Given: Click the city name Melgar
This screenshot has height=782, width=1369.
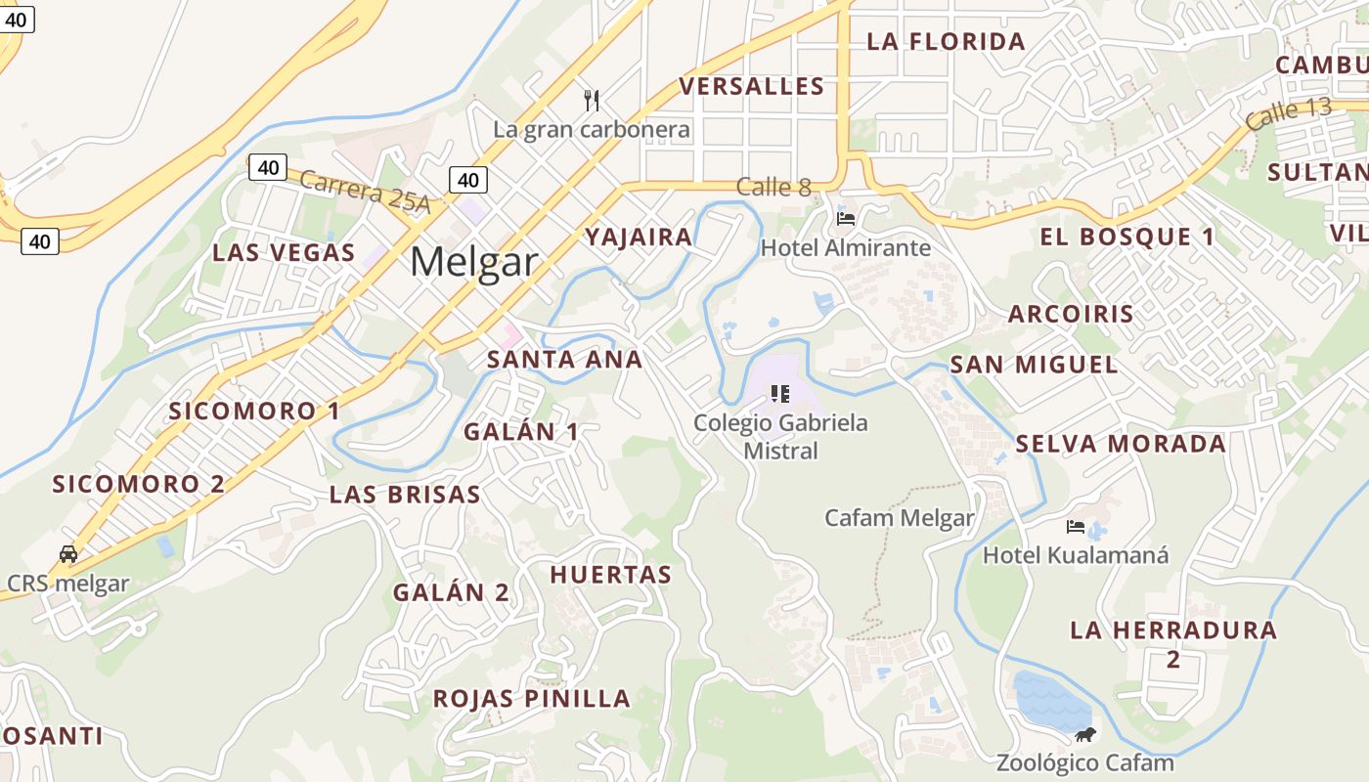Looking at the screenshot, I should (473, 262).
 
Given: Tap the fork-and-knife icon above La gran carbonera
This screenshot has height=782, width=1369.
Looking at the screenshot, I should (591, 100).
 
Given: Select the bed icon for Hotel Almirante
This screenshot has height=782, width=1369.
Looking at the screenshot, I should (846, 217).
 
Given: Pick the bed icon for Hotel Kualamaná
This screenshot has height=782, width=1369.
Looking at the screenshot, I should (1076, 527).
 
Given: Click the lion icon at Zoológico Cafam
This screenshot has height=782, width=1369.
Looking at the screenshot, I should (1084, 735).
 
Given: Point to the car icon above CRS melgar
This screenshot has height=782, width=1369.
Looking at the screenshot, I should (68, 553).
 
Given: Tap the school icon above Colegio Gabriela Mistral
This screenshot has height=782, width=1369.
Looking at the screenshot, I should (779, 394).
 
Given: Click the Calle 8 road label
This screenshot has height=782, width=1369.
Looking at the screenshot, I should (773, 187).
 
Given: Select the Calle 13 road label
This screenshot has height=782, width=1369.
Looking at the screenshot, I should (1289, 113).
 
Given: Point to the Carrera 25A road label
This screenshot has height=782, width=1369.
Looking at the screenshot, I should (365, 191).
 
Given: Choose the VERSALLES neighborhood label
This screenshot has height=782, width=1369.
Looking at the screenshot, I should (752, 87).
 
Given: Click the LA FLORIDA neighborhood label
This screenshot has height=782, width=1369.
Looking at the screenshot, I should (946, 42).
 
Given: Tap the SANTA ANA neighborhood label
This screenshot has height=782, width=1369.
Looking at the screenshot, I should (564, 360).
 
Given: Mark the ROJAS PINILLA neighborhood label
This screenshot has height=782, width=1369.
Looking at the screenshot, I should (531, 699).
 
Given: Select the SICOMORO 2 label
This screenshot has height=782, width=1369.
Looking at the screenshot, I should (138, 484).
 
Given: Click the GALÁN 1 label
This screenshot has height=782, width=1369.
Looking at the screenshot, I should (520, 432).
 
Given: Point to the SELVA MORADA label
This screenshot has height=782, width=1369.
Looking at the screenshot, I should (1120, 444).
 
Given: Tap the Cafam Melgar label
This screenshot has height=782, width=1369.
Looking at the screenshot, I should (899, 518).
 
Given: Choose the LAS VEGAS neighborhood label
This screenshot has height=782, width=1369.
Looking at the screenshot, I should (284, 252).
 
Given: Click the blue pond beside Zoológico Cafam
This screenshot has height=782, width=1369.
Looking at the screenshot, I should (1048, 699).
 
